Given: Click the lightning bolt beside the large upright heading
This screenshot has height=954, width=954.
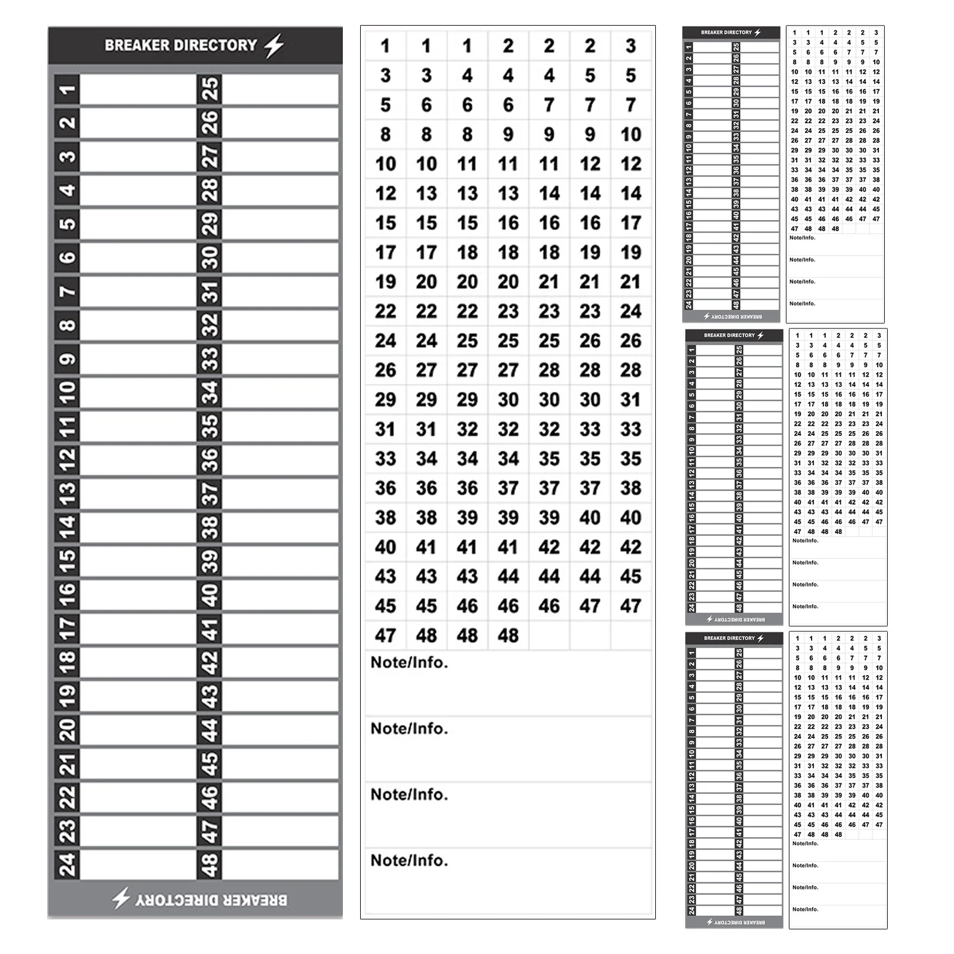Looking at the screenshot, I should [274, 45].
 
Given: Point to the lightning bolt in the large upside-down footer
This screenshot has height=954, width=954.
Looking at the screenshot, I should [122, 898].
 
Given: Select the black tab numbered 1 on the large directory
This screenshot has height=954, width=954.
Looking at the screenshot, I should [67, 89].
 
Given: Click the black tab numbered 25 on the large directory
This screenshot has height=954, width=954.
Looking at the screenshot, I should [209, 89].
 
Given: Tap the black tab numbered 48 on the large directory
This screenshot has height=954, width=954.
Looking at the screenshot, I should [209, 864].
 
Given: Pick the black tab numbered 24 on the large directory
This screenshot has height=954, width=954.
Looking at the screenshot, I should [67, 864].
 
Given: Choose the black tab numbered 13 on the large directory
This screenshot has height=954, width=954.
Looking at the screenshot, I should [67, 494].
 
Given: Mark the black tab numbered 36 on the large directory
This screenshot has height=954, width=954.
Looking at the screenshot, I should [209, 460].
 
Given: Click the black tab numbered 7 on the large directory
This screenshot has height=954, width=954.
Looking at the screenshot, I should [67, 292].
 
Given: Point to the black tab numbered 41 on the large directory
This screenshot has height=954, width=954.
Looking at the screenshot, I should [209, 628].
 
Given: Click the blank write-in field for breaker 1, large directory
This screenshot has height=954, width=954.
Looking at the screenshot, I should [138, 89].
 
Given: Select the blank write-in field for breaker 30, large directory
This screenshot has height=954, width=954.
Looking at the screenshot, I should [280, 258].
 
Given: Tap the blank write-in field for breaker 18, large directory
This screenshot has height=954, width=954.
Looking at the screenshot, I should [138, 662].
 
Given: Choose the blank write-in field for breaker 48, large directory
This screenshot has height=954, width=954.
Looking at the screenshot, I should [280, 864].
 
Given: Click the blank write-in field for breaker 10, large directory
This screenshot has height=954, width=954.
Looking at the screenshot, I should [138, 392].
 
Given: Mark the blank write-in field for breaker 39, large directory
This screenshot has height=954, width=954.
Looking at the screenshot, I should [280, 561].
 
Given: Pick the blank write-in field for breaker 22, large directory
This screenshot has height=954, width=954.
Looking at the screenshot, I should [138, 797].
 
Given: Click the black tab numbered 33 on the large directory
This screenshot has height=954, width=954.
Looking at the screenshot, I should [209, 359].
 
